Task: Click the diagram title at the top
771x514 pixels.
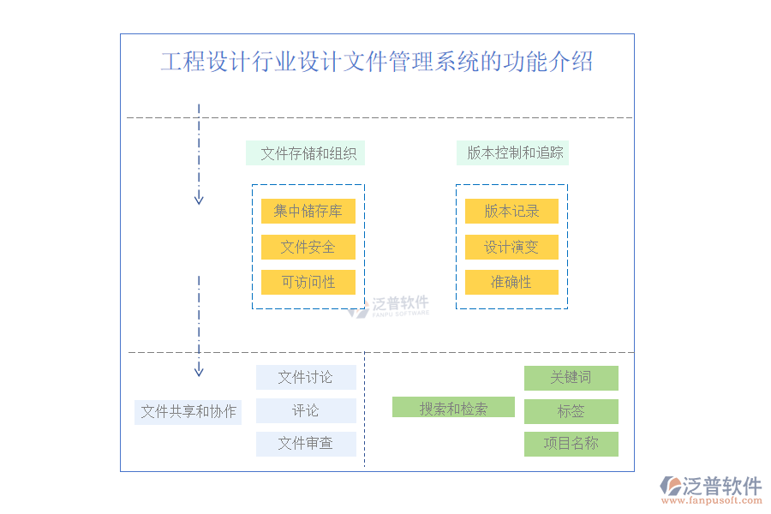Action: pyautogui.click(x=377, y=62)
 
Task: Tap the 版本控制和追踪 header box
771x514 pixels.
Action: pyautogui.click(x=512, y=153)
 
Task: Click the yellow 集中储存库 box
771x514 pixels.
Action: pyautogui.click(x=308, y=211)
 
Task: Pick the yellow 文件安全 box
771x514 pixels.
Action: pyautogui.click(x=308, y=247)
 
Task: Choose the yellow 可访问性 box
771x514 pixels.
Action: pyautogui.click(x=308, y=282)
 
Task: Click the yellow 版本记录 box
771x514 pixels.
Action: pyautogui.click(x=511, y=211)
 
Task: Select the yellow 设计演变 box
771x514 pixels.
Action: pyautogui.click(x=511, y=247)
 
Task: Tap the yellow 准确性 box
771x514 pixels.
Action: pyautogui.click(x=511, y=282)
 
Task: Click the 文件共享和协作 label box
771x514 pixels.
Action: pyautogui.click(x=188, y=411)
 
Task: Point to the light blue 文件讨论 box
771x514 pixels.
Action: pyautogui.click(x=306, y=377)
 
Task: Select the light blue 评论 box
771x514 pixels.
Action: pyautogui.click(x=306, y=410)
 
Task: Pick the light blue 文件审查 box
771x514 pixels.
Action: pyautogui.click(x=306, y=444)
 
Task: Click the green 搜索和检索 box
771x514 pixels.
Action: pyautogui.click(x=453, y=408)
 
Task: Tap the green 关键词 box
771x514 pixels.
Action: pyautogui.click(x=571, y=378)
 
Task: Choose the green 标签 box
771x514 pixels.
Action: pyautogui.click(x=571, y=411)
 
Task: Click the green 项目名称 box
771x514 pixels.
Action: pyautogui.click(x=571, y=444)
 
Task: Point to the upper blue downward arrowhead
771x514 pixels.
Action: pyautogui.click(x=199, y=199)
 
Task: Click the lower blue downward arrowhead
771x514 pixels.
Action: pyautogui.click(x=199, y=371)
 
